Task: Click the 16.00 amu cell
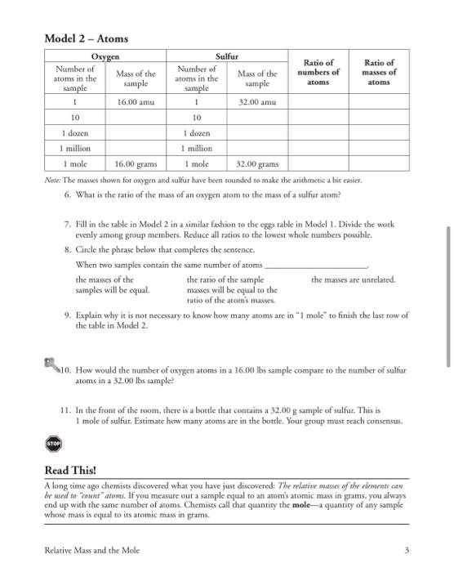pos(137,104)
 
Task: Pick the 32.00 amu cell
pos(256,104)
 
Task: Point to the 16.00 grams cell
pos(136,163)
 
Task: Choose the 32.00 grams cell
pos(256,163)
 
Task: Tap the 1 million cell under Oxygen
pos(74,148)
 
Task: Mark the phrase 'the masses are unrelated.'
pos(354,279)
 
